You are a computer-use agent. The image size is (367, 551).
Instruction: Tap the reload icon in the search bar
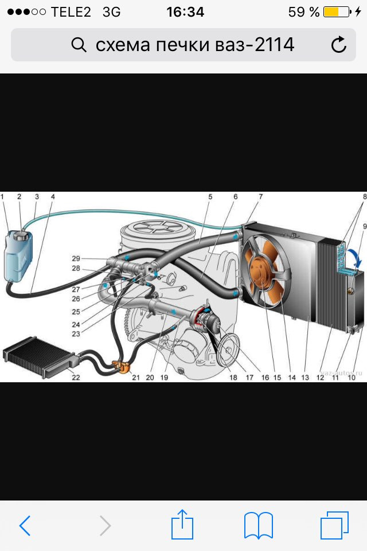click(339, 45)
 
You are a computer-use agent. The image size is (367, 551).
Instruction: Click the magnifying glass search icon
click(79, 45)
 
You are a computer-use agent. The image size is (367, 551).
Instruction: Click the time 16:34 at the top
click(185, 12)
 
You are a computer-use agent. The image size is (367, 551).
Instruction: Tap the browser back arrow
click(25, 525)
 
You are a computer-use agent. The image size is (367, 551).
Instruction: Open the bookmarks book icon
click(258, 525)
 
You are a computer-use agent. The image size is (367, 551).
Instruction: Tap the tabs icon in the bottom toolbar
click(334, 525)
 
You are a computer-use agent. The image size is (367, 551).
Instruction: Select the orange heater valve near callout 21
click(122, 368)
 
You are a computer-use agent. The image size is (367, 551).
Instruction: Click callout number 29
click(76, 258)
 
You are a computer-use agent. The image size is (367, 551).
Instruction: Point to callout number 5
click(210, 197)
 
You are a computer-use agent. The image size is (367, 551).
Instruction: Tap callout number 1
click(2, 197)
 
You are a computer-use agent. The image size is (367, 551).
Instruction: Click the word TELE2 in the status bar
click(71, 12)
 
